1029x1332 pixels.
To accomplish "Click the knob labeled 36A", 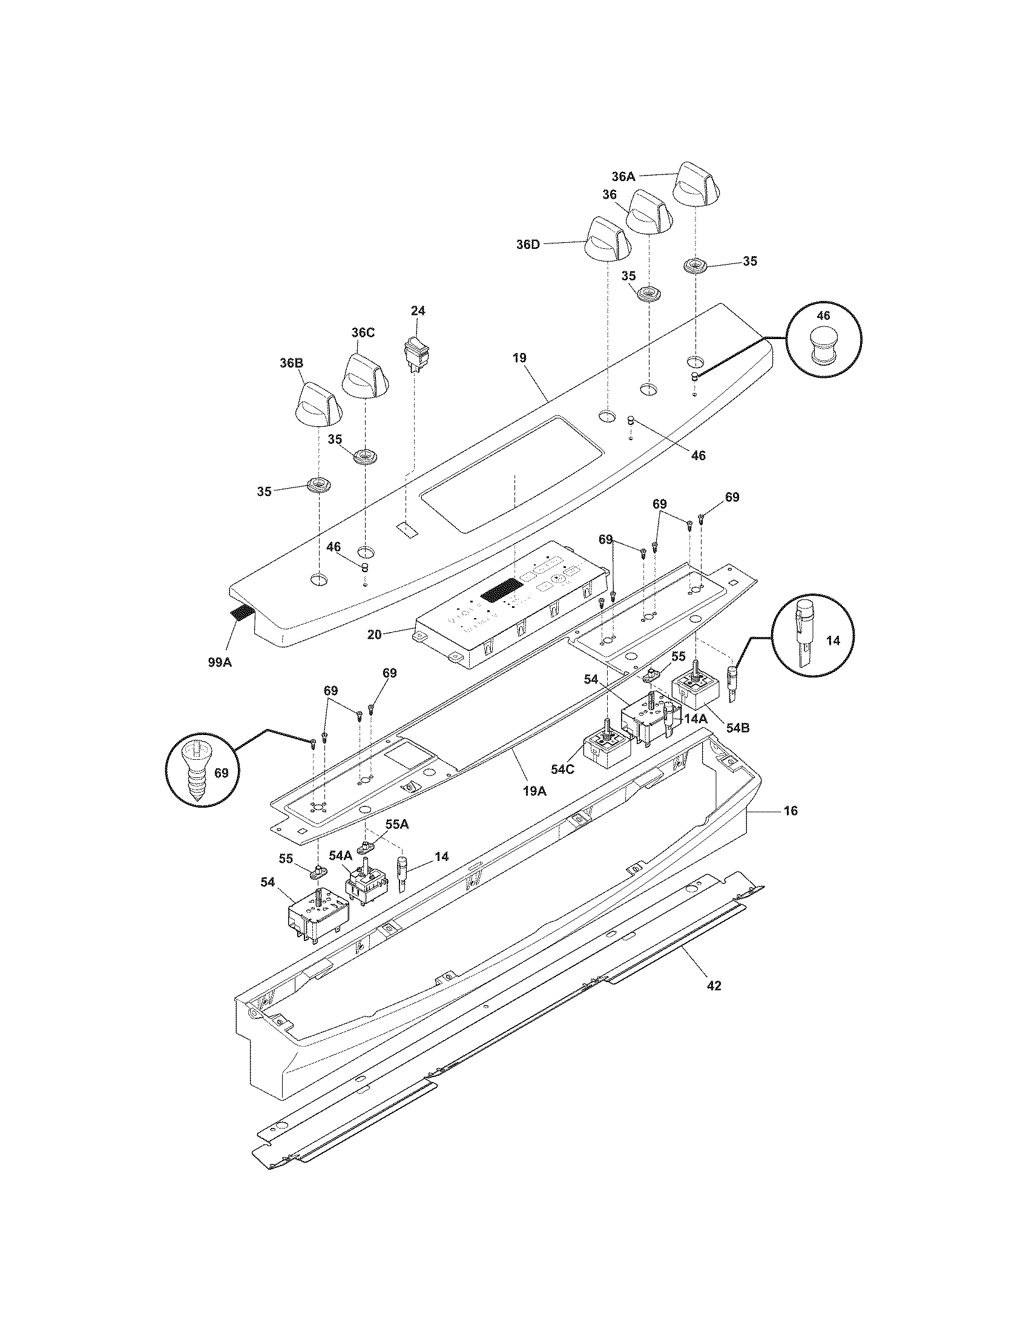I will (x=697, y=186).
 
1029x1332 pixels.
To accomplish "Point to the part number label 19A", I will (x=534, y=791).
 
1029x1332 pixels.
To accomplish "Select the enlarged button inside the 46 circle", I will (x=824, y=345).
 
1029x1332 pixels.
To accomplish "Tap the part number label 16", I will (x=790, y=811).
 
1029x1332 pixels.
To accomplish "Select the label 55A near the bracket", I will (x=396, y=824).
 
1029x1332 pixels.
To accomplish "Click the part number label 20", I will (x=374, y=635).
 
